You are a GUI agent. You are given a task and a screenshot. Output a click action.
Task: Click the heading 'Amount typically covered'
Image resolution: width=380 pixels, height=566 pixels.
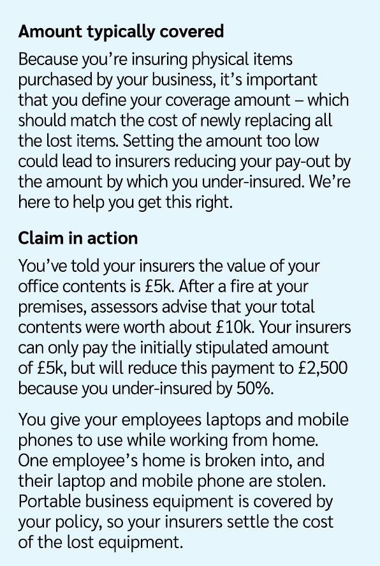coord(121,31)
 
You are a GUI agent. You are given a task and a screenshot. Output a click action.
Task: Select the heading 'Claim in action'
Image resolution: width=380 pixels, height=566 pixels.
coord(78,238)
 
